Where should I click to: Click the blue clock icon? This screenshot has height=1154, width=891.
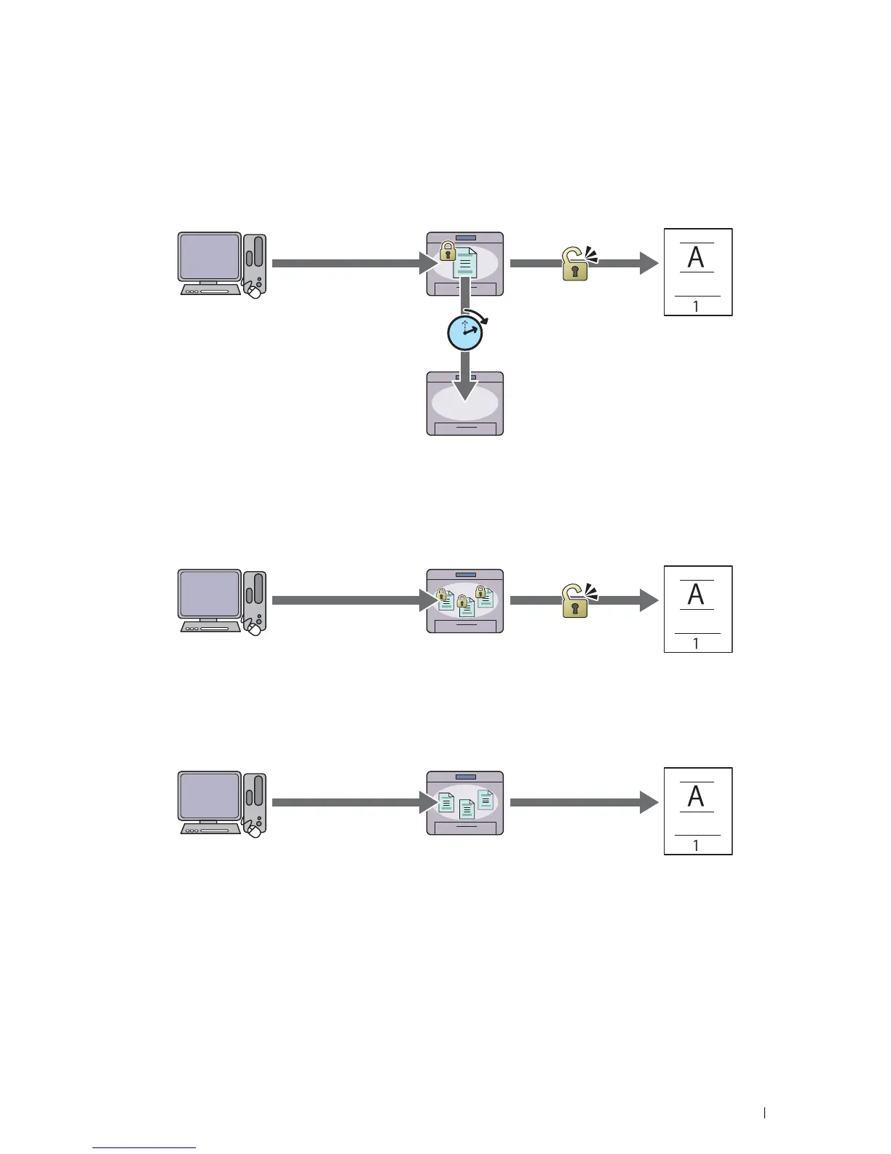point(465,334)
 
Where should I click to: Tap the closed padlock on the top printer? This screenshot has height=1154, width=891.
point(448,251)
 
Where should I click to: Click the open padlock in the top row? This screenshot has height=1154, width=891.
point(575,264)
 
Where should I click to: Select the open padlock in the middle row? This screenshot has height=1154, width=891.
point(575,601)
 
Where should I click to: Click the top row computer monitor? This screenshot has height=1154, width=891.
point(210,257)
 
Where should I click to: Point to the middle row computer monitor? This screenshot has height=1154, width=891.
point(210,594)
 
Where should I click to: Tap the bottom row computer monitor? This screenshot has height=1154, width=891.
point(210,796)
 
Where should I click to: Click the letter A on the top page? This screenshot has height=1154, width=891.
point(697,257)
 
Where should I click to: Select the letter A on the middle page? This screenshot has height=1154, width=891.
point(697,594)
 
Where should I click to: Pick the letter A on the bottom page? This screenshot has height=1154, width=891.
point(697,796)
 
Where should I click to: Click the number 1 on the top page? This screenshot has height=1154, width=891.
point(697,307)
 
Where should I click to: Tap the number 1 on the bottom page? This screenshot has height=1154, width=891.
point(697,846)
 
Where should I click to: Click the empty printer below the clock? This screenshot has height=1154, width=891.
point(465,404)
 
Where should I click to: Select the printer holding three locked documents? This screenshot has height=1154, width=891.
point(465,601)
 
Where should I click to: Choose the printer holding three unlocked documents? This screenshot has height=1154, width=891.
point(465,803)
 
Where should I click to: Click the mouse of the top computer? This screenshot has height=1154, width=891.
point(254,291)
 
